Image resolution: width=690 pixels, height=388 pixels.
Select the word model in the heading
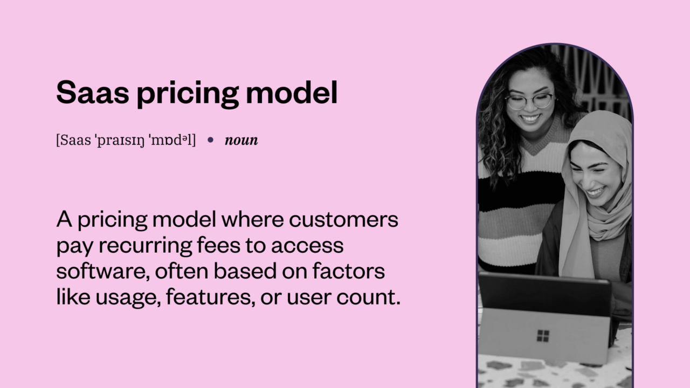292,92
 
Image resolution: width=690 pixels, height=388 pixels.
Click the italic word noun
241,141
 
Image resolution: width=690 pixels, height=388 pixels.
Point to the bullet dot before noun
211,140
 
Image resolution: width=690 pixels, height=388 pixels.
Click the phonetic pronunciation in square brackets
126,141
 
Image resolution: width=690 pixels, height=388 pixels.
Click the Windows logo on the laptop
543,336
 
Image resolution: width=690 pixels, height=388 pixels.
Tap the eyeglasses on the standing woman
529,101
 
